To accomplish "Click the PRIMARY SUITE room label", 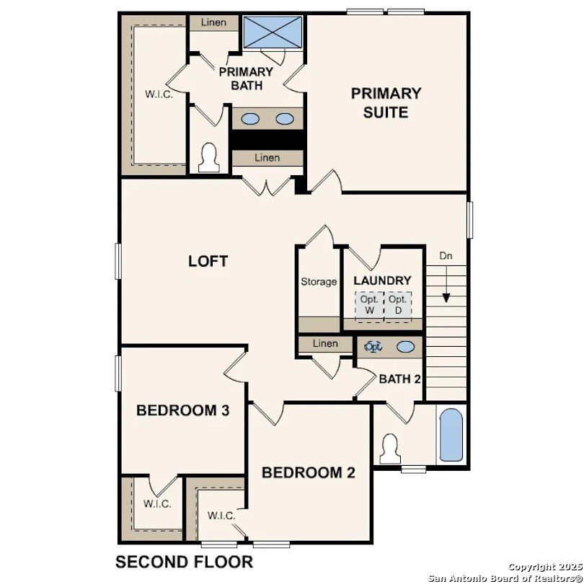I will click(386, 102).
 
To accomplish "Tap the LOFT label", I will click(208, 261).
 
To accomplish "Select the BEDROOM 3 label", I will click(183, 411).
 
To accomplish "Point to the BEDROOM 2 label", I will click(309, 473).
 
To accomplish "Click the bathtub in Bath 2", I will click(451, 435).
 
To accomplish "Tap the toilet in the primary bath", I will click(209, 157).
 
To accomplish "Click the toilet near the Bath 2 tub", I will click(390, 448).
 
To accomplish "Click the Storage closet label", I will click(319, 282).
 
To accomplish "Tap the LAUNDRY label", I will click(382, 280).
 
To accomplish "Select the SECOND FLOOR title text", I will click(185, 562).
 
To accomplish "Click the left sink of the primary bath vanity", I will click(251, 119).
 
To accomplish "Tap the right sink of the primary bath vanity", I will click(285, 119).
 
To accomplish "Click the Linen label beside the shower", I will click(213, 22).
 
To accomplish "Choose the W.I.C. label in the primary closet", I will click(159, 94).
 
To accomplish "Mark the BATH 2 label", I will click(399, 379).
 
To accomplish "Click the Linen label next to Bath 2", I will click(325, 344).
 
